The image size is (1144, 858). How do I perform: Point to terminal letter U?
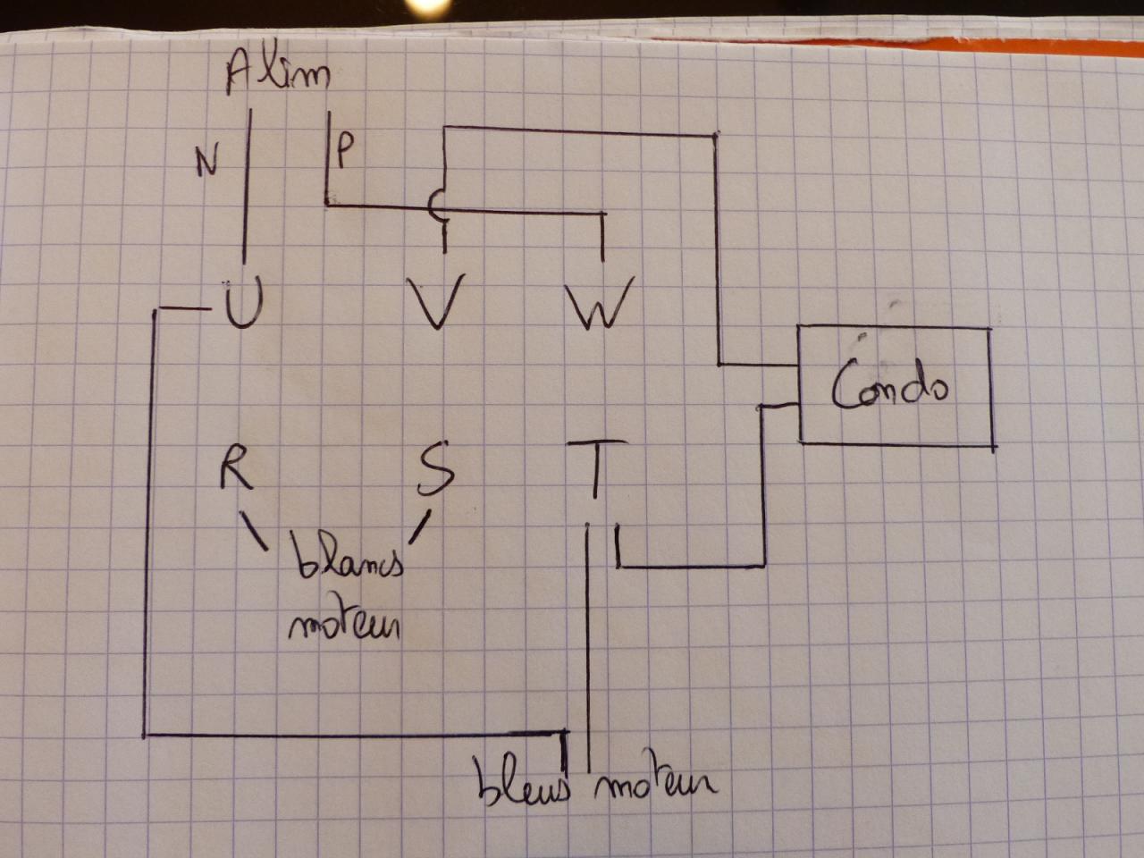tap(240, 304)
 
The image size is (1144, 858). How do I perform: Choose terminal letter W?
tap(601, 301)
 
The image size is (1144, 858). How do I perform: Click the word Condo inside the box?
tap(888, 385)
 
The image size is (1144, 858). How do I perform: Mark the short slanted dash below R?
tap(254, 530)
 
